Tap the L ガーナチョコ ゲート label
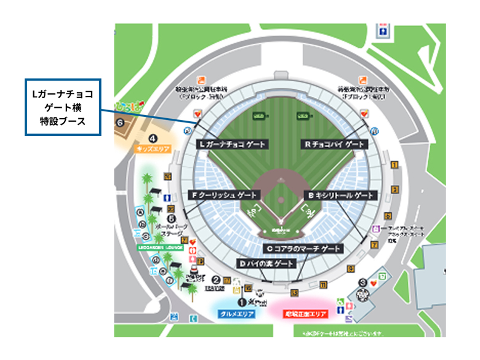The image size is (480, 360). pos(231,144)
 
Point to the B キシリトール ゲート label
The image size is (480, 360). pos(340,195)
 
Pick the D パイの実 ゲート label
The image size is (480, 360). pos(266,263)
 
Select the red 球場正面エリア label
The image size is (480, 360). pos(306,314)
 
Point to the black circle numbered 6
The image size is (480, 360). pos(120,122)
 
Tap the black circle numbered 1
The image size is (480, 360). pos(242,302)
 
